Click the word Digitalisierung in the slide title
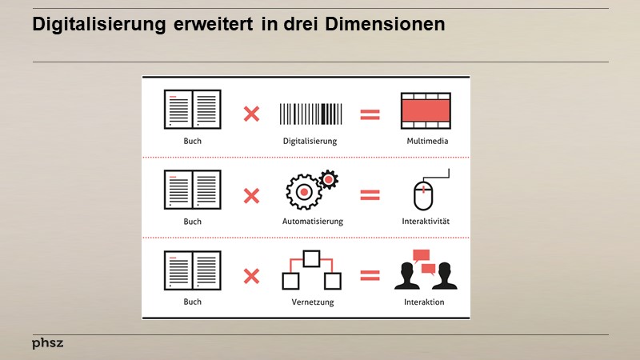pyautogui.click(x=99, y=25)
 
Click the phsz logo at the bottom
pyautogui.click(x=47, y=343)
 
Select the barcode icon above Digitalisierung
pyautogui.click(x=310, y=114)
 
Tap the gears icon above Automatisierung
pyautogui.click(x=310, y=190)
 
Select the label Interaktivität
pyautogui.click(x=426, y=221)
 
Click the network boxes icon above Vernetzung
pyautogui.click(x=311, y=270)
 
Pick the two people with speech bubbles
pyautogui.click(x=426, y=270)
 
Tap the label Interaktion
pyautogui.click(x=425, y=302)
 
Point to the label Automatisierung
pyautogui.click(x=310, y=221)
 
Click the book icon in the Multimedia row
pyautogui.click(x=193, y=110)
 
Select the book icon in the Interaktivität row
pyautogui.click(x=193, y=190)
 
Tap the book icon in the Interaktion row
pyautogui.click(x=193, y=270)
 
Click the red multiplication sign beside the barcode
pyautogui.click(x=251, y=114)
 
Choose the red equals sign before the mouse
pyautogui.click(x=370, y=194)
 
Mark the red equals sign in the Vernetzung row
pyautogui.click(x=370, y=276)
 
